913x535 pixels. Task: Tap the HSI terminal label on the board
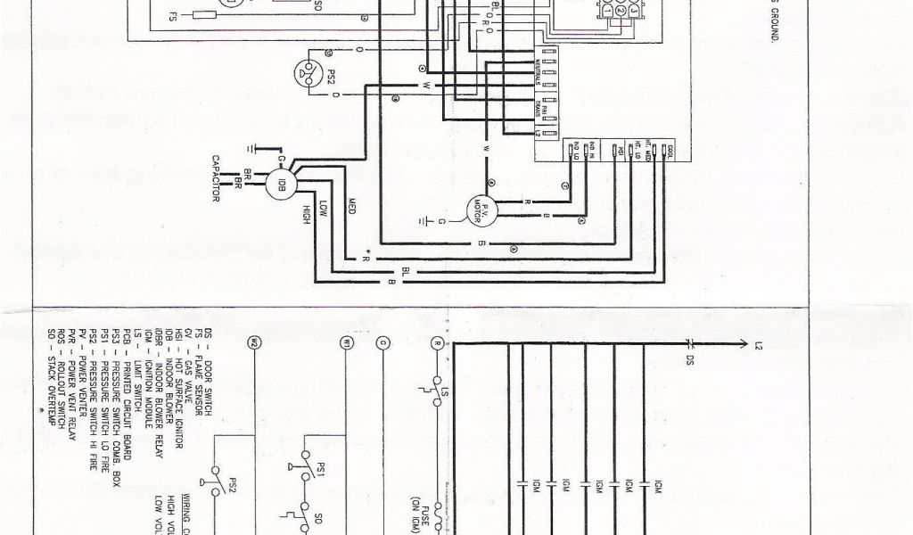pos(614,151)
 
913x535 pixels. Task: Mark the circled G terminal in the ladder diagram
pos(383,342)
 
